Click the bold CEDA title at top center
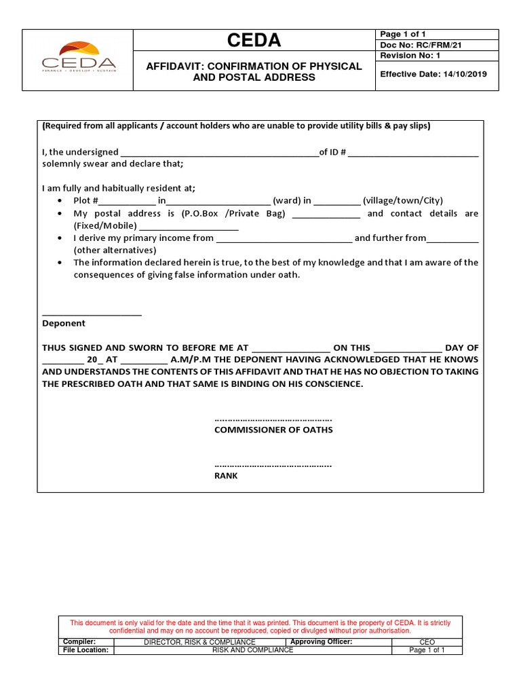coord(254,41)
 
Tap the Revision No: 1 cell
coord(410,56)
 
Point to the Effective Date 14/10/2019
coord(433,74)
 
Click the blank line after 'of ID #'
coord(414,153)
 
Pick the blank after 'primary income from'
coord(284,238)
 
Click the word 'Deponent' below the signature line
coord(64,324)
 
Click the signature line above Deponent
coord(92,314)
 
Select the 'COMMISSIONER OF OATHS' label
coord(273,430)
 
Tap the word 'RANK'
coord(226,476)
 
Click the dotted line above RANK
coord(273,466)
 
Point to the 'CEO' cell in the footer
coord(427,642)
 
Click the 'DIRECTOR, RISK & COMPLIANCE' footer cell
coord(199,642)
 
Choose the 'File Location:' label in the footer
coord(85,650)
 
